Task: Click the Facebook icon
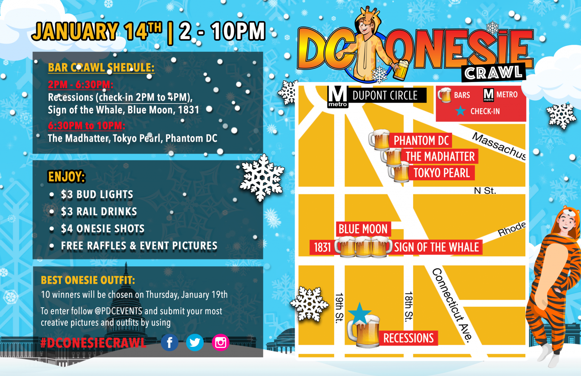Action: click(x=169, y=343)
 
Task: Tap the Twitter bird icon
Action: click(x=195, y=343)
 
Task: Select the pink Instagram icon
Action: click(x=221, y=343)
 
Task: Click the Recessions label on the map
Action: click(x=409, y=338)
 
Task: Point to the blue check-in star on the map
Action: click(x=359, y=313)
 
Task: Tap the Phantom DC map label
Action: click(x=421, y=141)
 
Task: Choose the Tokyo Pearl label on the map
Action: click(x=441, y=173)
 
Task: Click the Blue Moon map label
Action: click(x=363, y=229)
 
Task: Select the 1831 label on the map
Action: click(x=322, y=248)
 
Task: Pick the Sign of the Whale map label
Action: click(x=436, y=248)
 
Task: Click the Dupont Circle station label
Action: click(x=385, y=95)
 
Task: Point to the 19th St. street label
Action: click(x=339, y=308)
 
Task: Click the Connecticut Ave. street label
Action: click(x=452, y=305)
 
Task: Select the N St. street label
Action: click(x=485, y=191)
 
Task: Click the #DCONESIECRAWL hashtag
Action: click(x=93, y=343)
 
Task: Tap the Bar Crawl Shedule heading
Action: click(x=101, y=68)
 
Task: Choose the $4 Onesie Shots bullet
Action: click(x=103, y=229)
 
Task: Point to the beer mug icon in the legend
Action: click(x=445, y=95)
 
